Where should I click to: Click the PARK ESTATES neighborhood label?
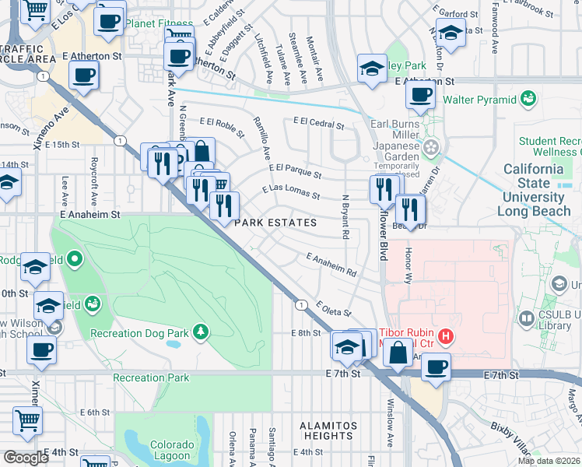276,223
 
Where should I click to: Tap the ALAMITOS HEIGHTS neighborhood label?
328,432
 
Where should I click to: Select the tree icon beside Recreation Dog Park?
202,332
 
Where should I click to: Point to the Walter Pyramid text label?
479,100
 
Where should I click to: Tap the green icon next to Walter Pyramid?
529,99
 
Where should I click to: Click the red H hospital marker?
446,336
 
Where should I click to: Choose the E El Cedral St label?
318,123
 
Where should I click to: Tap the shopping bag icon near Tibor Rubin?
398,352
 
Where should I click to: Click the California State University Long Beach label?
536,190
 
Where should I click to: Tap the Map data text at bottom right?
547,460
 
